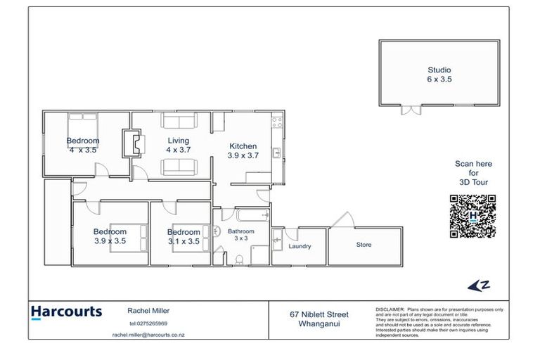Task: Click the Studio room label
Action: [x=439, y=70]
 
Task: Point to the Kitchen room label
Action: [x=243, y=146]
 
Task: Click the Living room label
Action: [x=177, y=141]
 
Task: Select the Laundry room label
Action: [x=299, y=247]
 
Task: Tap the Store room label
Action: [x=364, y=245]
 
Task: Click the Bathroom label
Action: [x=241, y=231]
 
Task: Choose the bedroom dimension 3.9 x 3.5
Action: [x=110, y=241]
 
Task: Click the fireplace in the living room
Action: [x=131, y=144]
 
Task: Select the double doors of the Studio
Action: [x=411, y=110]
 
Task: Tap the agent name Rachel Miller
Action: [x=149, y=310]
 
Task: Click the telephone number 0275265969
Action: [x=148, y=323]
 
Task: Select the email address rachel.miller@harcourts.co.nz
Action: [x=148, y=335]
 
